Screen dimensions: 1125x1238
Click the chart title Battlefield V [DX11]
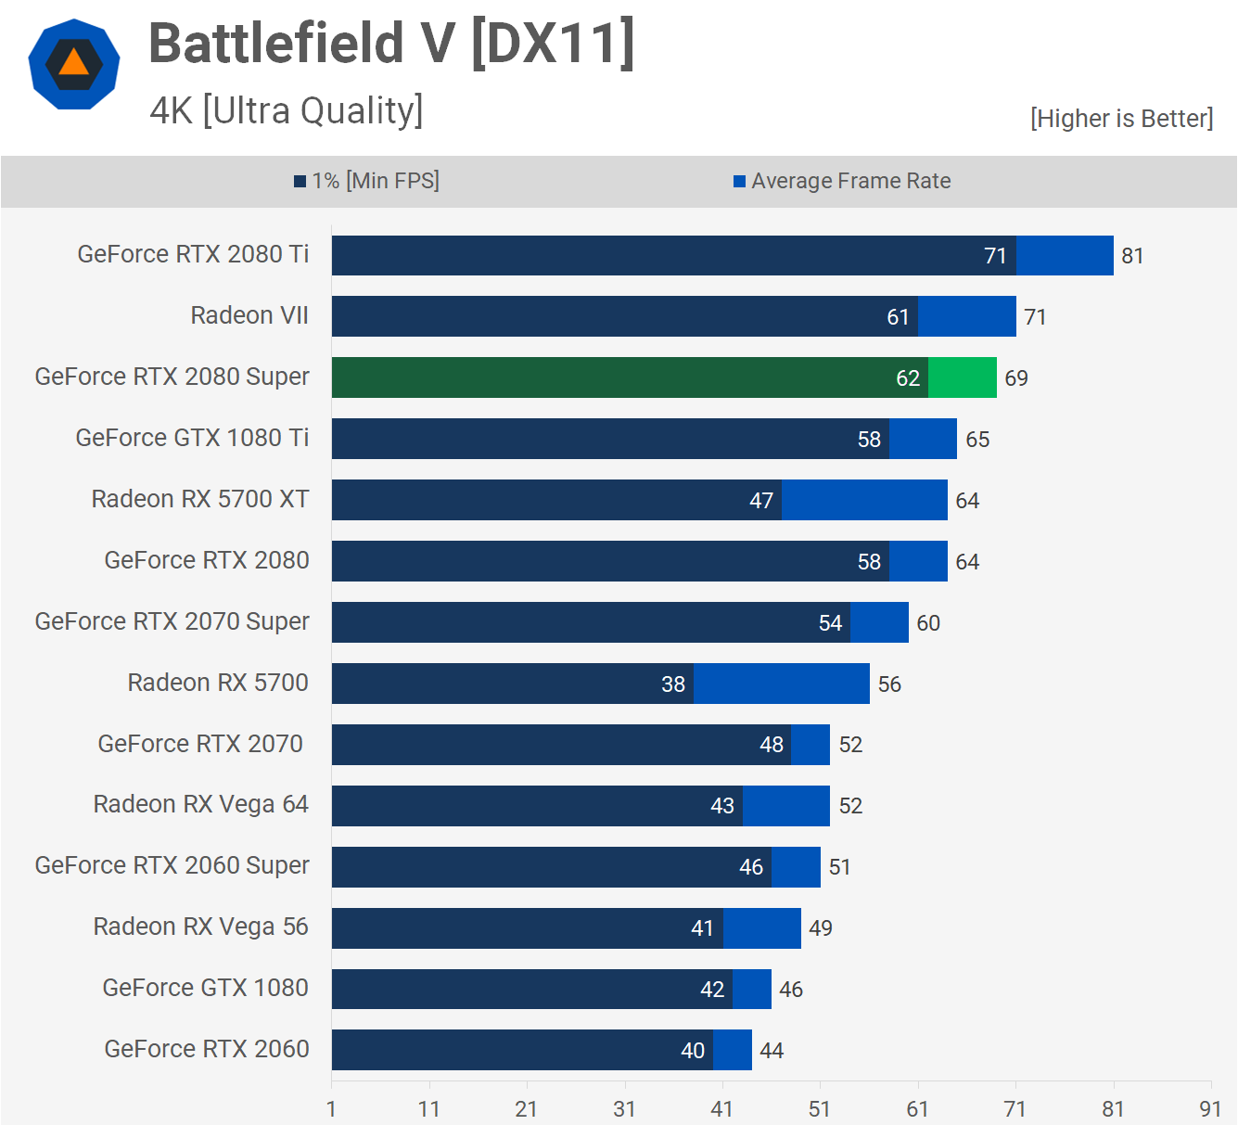391,44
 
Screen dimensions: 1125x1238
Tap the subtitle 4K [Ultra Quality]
287,110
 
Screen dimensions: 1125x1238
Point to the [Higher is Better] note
1121,119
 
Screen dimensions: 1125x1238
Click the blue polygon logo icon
74,64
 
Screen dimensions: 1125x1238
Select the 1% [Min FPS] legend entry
367,181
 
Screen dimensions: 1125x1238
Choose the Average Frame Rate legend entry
842,181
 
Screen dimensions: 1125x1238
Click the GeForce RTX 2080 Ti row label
193,254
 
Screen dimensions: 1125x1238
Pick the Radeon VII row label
249,315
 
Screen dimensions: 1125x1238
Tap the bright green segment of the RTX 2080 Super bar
963,377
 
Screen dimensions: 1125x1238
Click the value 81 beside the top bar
1132,256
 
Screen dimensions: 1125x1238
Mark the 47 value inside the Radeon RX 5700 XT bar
761,501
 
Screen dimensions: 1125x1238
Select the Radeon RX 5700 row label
218,683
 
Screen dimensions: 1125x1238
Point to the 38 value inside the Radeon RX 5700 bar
673,684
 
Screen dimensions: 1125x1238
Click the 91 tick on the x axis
1210,1108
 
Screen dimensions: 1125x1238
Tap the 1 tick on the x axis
331,1108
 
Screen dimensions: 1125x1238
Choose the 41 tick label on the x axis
721,1108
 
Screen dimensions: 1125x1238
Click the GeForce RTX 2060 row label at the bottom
207,1049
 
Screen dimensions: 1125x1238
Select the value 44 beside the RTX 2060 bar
772,1051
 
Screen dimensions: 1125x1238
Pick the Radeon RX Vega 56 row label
200,927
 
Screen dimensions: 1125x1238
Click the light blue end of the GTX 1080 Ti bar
923,439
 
